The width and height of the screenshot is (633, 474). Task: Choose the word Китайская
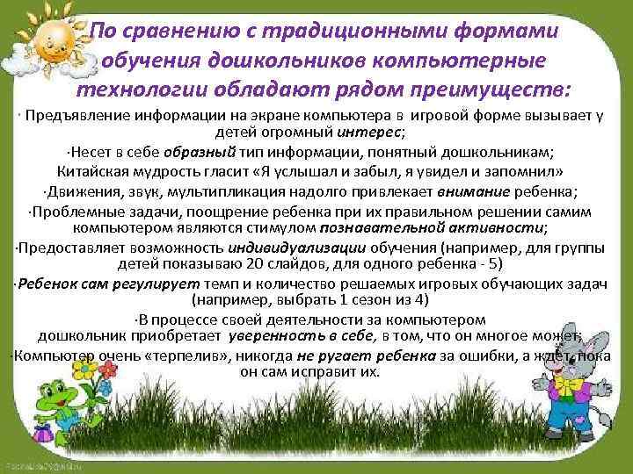[96, 169]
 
